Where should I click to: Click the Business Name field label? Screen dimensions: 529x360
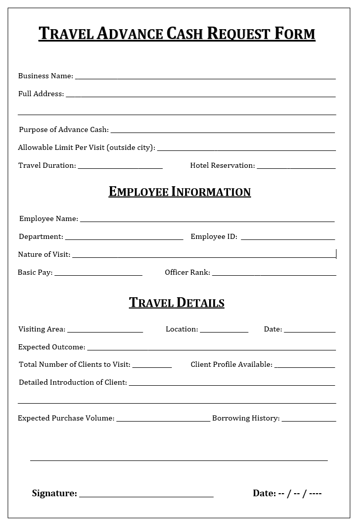click(46, 76)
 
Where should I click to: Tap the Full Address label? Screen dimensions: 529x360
click(41, 94)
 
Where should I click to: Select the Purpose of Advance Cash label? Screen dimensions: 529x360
click(63, 129)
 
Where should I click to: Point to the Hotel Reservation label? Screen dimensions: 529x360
click(222, 165)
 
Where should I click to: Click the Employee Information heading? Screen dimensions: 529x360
click(179, 192)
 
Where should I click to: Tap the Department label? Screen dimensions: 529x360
click(41, 236)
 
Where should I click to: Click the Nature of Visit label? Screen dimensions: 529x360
click(44, 254)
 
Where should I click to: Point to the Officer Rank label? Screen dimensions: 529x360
click(187, 272)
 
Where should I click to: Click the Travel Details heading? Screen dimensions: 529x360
click(176, 302)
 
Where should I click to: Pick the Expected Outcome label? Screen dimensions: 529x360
click(52, 347)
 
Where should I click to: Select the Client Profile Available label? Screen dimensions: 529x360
click(231, 364)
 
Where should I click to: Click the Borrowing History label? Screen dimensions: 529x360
click(245, 418)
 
